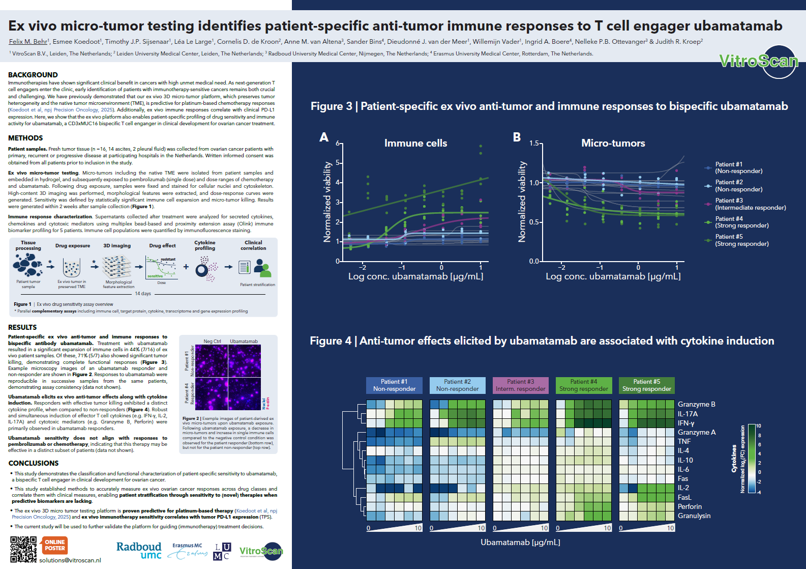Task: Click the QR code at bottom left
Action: [x=23, y=549]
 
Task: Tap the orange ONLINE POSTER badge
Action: [x=54, y=545]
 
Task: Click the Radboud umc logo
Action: [x=139, y=550]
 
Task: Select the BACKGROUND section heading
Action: [x=33, y=75]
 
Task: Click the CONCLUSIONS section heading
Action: [x=34, y=463]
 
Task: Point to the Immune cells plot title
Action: [x=415, y=144]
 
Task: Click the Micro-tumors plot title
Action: [x=613, y=144]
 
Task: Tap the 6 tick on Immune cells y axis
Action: [x=338, y=144]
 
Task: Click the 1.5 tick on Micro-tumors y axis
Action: [x=534, y=144]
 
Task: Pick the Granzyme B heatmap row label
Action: [x=696, y=405]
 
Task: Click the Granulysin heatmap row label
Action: [x=694, y=516]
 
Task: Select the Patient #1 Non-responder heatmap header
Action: [x=394, y=385]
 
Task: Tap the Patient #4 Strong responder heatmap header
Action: [x=583, y=385]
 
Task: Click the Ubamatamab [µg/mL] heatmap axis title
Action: [x=520, y=543]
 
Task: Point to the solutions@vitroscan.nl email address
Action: [x=70, y=560]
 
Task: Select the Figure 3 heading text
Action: [x=549, y=106]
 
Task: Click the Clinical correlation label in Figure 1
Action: [x=253, y=245]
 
